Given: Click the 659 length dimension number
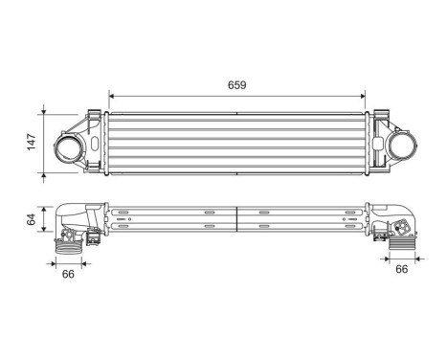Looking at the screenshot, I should (237, 85).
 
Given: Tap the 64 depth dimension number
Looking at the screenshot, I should (31, 219).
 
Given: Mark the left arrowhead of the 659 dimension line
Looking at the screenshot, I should (113, 96).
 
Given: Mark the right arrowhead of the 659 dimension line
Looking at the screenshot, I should (363, 96).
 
